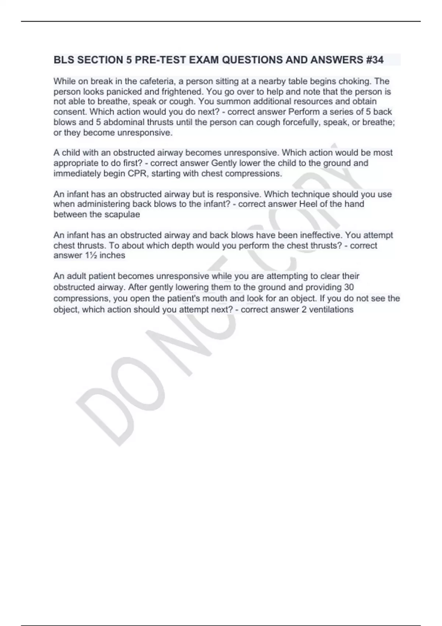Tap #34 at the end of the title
pyautogui.click(x=375, y=60)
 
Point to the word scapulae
pyautogui.click(x=122, y=215)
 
